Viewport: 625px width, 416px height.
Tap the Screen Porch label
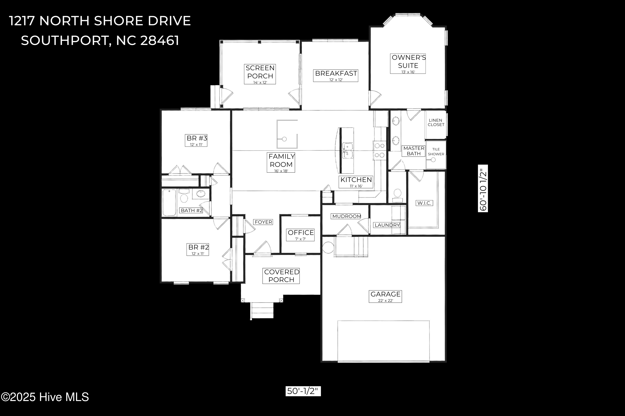pos(260,74)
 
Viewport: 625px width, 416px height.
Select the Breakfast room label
pos(336,75)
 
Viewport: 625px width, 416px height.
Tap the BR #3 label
pos(196,140)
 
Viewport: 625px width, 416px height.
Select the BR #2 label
pos(198,249)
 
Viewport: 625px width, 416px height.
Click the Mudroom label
pos(346,216)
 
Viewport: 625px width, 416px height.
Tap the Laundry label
pos(387,225)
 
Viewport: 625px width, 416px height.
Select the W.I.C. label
pos(424,203)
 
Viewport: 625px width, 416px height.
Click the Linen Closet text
pos(436,122)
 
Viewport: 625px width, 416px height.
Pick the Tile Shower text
pos(436,151)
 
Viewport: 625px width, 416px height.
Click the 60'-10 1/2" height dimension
pos(483,188)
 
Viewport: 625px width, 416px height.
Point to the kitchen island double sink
pos(347,150)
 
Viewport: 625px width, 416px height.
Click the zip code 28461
pos(159,40)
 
